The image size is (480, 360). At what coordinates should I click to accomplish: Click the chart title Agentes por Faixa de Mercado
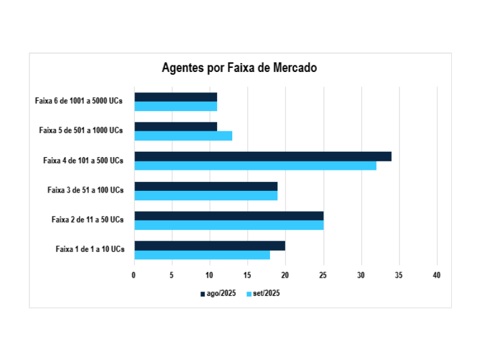[x=239, y=68]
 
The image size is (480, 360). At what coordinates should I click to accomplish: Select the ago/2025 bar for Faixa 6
[x=175, y=97]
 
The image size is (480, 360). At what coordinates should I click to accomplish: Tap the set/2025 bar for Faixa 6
[x=175, y=106]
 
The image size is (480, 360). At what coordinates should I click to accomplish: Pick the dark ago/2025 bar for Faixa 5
[x=175, y=127]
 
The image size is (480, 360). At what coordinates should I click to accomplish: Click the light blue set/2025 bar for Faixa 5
[x=183, y=136]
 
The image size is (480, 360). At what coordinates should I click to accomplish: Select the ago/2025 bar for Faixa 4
[x=263, y=156]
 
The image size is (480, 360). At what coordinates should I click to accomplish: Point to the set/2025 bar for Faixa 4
[x=255, y=166]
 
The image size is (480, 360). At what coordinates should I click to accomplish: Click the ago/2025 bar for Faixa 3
[x=205, y=186]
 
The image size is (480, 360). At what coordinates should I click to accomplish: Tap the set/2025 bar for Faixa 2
[x=229, y=225]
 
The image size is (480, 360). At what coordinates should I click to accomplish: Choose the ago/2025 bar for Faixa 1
[x=209, y=245]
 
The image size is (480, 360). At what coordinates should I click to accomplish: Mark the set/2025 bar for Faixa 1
[x=202, y=255]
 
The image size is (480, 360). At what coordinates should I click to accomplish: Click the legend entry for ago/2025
[x=218, y=293]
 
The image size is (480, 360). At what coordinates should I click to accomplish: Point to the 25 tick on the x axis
[x=323, y=275]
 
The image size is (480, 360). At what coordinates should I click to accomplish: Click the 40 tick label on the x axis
[x=436, y=275]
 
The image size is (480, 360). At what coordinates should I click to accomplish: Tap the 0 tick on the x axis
[x=134, y=275]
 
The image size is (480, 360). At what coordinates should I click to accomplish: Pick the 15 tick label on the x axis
[x=247, y=275]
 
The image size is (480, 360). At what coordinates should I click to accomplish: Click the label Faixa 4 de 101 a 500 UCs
[x=83, y=160]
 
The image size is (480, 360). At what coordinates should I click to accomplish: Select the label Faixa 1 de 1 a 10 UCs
[x=90, y=249]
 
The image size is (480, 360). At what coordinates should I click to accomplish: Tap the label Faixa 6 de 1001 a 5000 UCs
[x=79, y=101]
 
